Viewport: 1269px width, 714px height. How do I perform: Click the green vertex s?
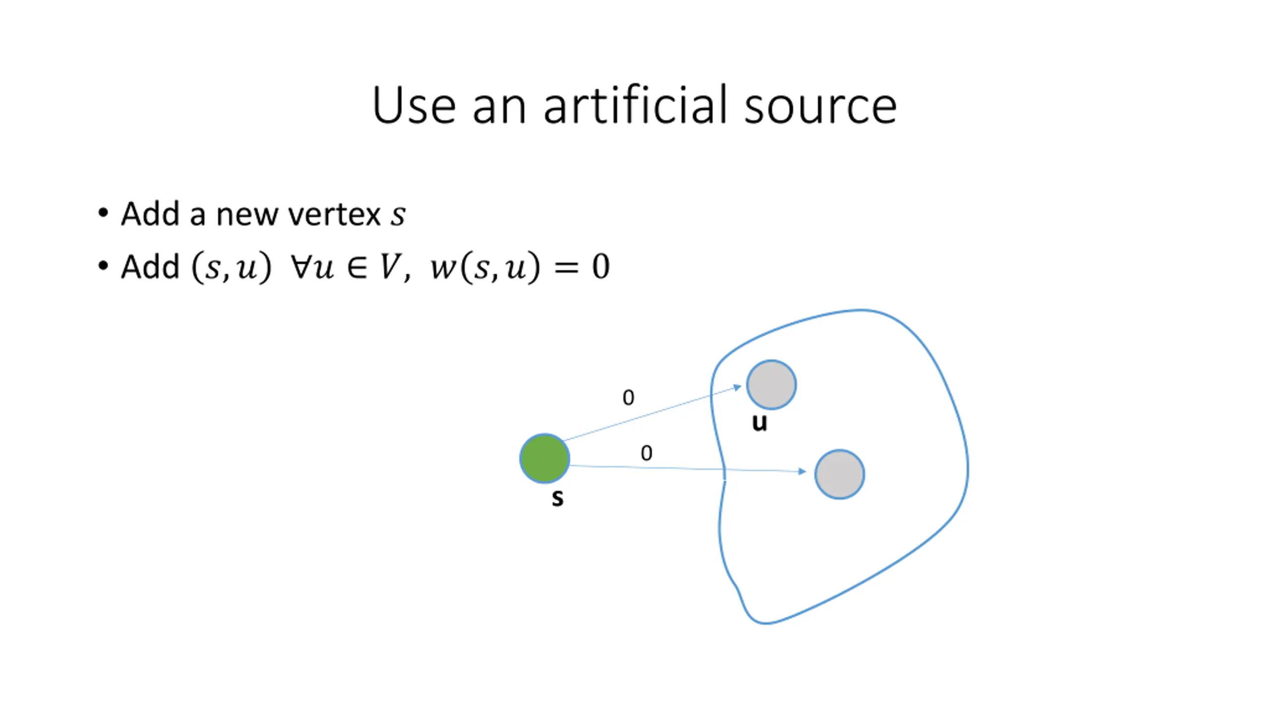point(544,458)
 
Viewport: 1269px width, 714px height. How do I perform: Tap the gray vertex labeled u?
point(771,385)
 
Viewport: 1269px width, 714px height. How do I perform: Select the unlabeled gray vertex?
point(839,474)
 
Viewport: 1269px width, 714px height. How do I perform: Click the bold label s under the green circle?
point(558,497)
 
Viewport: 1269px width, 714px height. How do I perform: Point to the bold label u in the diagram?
point(759,422)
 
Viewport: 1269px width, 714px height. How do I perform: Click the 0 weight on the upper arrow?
point(628,398)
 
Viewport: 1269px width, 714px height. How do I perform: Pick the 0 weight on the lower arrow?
point(646,453)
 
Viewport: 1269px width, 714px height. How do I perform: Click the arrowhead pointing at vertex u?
point(737,387)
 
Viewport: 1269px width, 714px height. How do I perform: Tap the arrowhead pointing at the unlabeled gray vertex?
point(803,472)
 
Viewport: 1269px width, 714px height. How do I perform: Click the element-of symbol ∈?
point(357,267)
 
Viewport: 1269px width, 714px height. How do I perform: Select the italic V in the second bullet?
point(389,267)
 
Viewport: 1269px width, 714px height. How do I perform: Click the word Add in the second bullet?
point(150,267)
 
